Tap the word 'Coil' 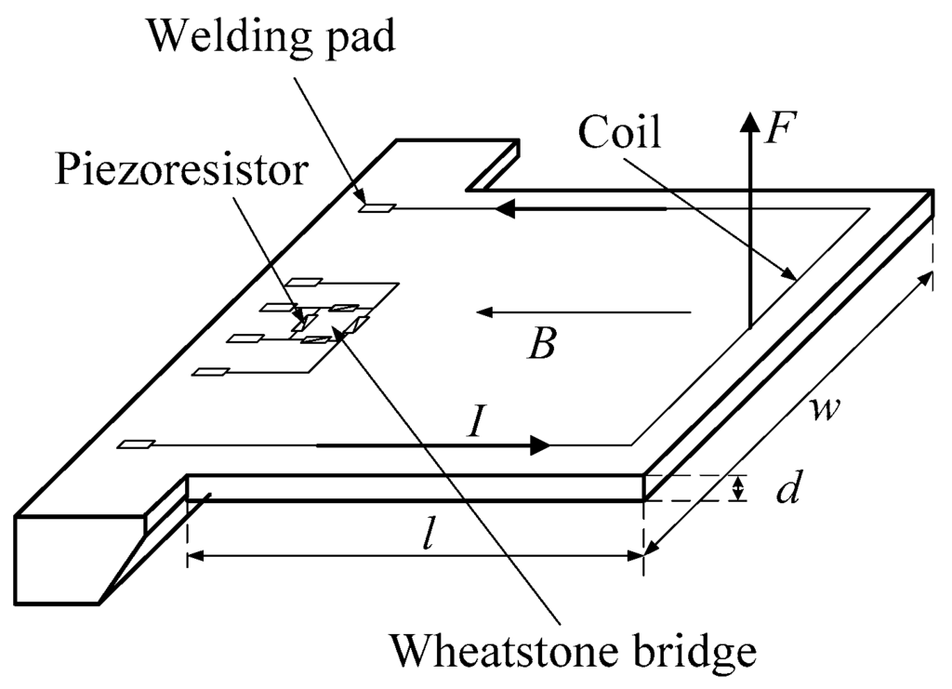(x=619, y=134)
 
